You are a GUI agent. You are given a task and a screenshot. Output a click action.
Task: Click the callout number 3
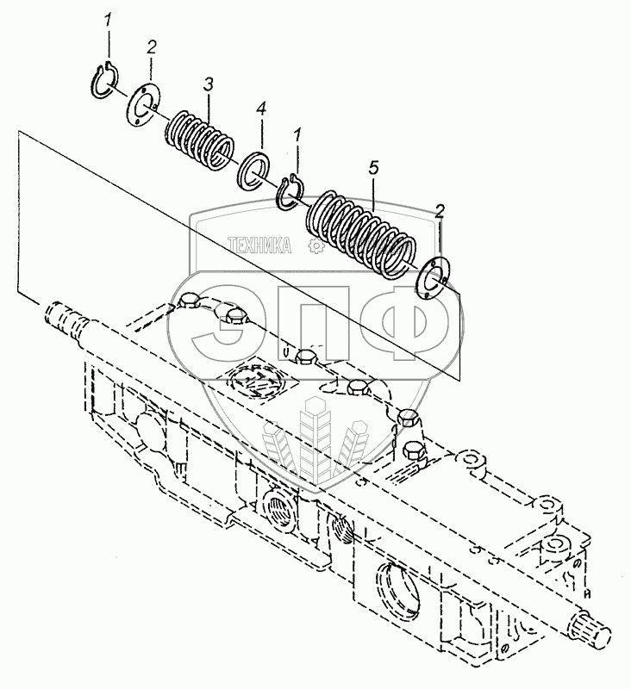tap(208, 84)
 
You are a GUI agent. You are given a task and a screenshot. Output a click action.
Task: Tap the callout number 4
tap(261, 109)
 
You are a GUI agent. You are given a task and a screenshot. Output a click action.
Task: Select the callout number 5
tap(373, 168)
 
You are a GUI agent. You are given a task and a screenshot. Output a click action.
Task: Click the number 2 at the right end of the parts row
tap(440, 211)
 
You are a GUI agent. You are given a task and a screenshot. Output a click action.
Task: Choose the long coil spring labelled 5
tap(361, 234)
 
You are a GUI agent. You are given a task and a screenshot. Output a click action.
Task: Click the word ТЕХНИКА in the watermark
tap(259, 245)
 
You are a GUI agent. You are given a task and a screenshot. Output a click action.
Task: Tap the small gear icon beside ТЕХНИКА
tap(315, 245)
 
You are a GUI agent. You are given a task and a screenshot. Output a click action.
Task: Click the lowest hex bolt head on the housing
tap(413, 450)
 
